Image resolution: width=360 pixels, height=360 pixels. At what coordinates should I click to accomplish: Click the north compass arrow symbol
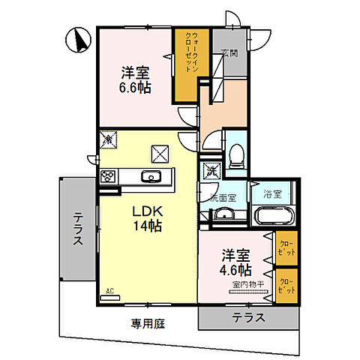click(x=77, y=39)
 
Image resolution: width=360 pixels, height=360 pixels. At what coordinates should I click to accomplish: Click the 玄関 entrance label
click(x=229, y=52)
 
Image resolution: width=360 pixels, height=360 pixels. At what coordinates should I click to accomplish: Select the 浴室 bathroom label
click(x=272, y=194)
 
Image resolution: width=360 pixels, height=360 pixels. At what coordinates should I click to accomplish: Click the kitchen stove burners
click(x=107, y=178)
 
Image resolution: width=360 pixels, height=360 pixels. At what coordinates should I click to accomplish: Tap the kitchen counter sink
click(x=150, y=178)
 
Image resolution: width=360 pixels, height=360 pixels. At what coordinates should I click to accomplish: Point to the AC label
click(x=109, y=290)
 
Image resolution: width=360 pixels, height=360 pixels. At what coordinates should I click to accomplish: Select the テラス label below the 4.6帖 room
click(x=247, y=317)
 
